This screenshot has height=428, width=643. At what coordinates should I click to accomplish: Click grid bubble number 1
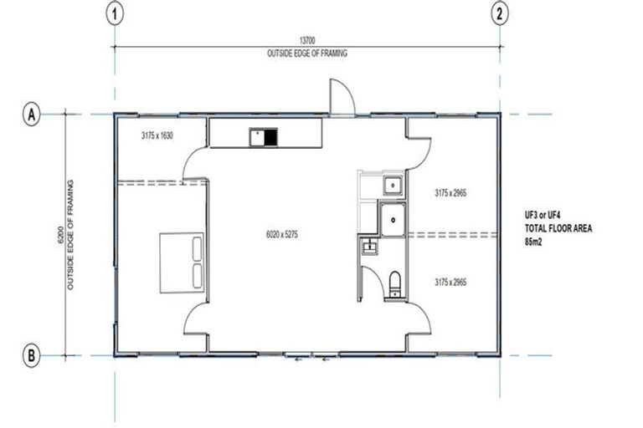(116, 13)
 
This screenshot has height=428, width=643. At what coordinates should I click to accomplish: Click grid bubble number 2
(500, 13)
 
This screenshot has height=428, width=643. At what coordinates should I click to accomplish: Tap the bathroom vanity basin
(368, 246)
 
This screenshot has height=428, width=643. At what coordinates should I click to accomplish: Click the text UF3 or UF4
(540, 215)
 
